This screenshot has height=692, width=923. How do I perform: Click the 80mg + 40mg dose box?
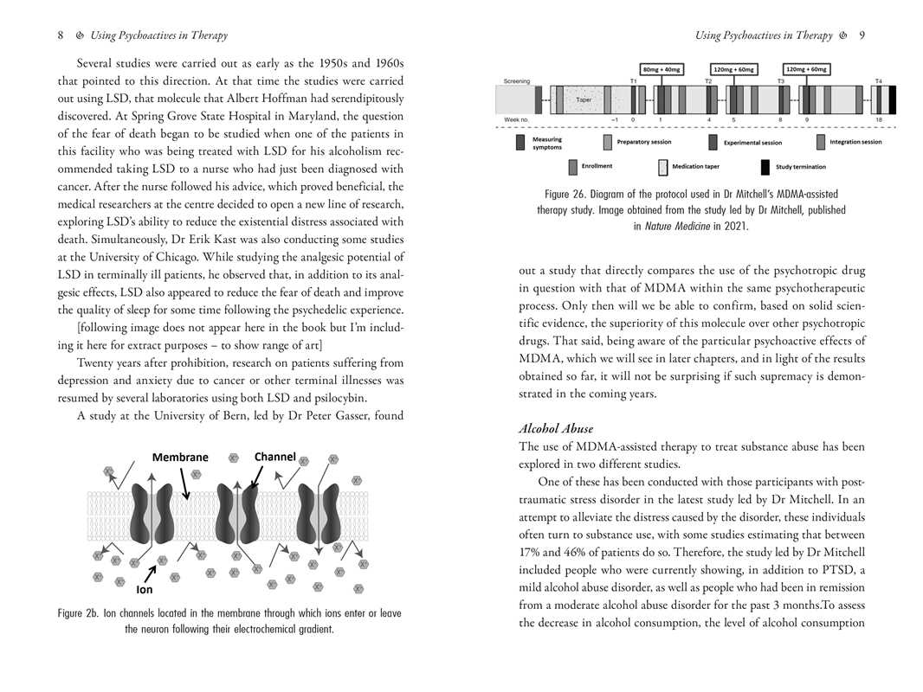pos(661,69)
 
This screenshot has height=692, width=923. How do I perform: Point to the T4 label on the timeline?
pos(878,81)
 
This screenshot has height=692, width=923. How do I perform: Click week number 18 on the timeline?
pos(879,119)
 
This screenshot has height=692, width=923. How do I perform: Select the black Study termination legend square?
pos(765,167)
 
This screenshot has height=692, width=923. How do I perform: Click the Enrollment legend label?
pos(597,166)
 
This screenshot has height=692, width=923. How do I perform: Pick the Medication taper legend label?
pos(695,167)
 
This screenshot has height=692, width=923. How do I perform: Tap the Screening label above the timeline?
pos(517,81)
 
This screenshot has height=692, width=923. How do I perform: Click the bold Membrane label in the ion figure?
pos(180,458)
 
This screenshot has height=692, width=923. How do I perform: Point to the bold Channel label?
pos(275,457)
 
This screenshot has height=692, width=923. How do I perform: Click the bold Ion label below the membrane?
pos(145,592)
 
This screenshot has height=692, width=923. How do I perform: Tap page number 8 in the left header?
pos(61,35)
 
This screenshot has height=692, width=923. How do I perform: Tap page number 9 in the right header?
pos(862,35)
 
